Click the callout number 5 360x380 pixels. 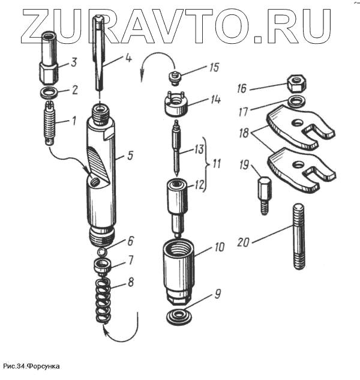(128, 156)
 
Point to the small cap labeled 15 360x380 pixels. (175, 77)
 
